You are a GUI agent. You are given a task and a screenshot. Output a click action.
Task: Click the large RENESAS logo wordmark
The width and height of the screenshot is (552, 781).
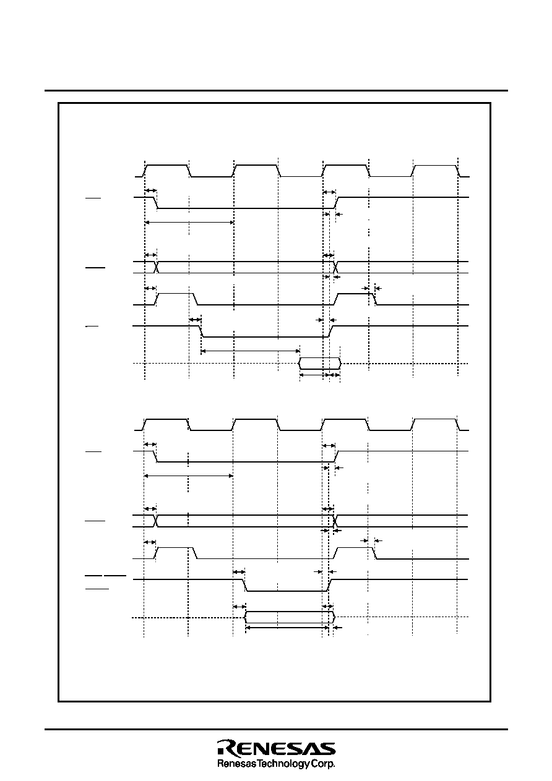click(x=276, y=748)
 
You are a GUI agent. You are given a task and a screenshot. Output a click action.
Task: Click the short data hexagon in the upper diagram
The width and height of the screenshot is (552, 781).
click(x=320, y=364)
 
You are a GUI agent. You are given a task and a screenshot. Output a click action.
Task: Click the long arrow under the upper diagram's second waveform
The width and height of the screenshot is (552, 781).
click(x=189, y=223)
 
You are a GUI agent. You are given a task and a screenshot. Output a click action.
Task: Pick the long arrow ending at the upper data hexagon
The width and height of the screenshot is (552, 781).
click(x=251, y=351)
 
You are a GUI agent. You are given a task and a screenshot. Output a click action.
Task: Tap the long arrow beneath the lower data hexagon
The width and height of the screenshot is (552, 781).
click(x=287, y=628)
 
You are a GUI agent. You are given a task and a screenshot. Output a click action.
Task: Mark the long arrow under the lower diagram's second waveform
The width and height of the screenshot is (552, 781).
click(x=188, y=476)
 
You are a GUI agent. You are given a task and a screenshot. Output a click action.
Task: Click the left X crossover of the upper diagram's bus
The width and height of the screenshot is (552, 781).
click(x=157, y=267)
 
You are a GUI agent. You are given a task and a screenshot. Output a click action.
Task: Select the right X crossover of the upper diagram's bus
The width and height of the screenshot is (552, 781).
click(x=335, y=267)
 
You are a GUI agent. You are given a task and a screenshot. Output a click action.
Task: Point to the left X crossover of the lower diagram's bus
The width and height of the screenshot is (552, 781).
click(x=156, y=521)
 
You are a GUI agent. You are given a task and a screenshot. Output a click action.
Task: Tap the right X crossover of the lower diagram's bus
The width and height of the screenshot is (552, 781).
click(x=335, y=521)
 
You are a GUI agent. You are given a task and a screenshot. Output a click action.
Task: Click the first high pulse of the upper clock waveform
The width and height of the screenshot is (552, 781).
click(x=167, y=171)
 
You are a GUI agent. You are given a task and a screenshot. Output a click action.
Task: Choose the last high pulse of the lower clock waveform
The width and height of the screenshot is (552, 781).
click(x=435, y=424)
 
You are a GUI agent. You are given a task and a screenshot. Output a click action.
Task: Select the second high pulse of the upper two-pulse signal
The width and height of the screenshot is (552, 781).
click(x=355, y=299)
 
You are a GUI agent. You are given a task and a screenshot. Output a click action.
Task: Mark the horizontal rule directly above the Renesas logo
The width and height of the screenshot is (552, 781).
click(x=276, y=729)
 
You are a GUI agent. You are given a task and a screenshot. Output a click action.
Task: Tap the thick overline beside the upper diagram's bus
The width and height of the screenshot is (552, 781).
click(x=95, y=268)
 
